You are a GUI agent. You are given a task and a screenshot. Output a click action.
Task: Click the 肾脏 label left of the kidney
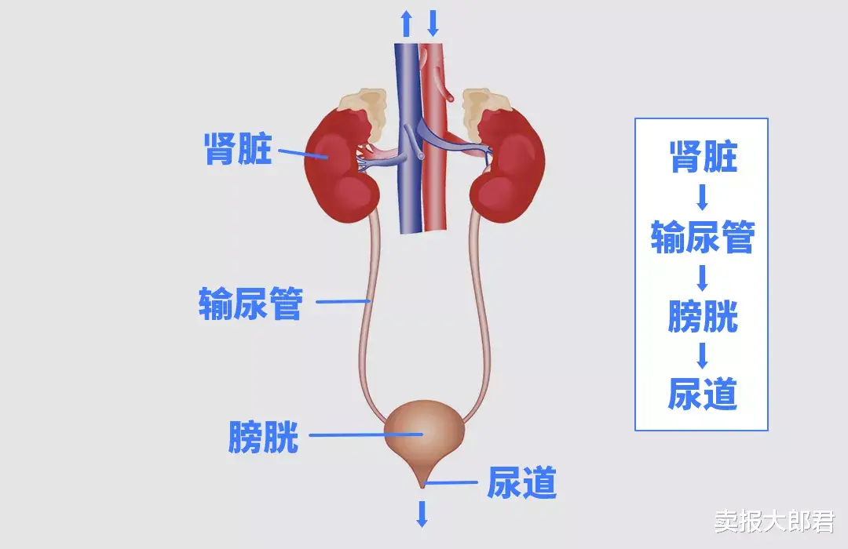point(238,149)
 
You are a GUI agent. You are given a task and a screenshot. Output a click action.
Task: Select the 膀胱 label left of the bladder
point(264,436)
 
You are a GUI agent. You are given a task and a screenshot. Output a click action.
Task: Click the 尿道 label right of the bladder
point(522,482)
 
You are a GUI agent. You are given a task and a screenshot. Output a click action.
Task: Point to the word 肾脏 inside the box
point(703,157)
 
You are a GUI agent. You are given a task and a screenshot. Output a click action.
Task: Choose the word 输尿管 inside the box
point(703,237)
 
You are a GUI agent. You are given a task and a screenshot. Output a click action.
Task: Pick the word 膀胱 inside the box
point(703,316)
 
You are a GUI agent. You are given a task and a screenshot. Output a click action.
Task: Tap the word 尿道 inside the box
point(703,394)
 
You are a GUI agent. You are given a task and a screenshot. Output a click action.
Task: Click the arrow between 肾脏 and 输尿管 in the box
point(703,197)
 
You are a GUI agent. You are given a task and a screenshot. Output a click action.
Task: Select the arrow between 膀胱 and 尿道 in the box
point(703,355)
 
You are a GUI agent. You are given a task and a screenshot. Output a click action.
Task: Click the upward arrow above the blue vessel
point(406,23)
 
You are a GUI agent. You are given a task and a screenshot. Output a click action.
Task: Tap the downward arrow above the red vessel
point(433,23)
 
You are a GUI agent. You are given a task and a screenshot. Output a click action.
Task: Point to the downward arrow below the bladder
point(422,513)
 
